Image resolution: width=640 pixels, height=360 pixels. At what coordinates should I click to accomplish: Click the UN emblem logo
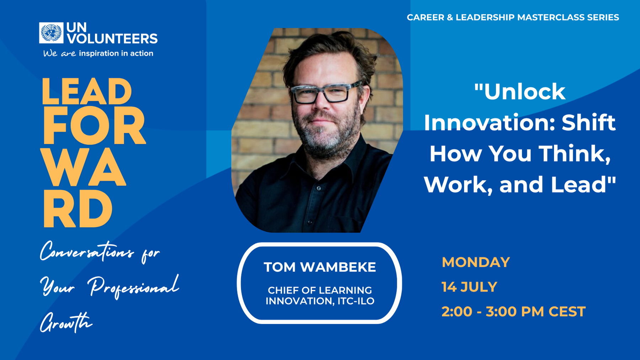click(x=51, y=33)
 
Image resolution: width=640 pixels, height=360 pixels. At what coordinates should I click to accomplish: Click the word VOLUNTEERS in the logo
click(x=112, y=38)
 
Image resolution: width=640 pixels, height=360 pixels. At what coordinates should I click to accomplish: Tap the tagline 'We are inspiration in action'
click(x=98, y=53)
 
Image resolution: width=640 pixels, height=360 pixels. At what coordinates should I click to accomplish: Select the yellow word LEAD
click(x=86, y=91)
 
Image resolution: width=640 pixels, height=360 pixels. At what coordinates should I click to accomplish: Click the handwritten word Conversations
click(x=87, y=252)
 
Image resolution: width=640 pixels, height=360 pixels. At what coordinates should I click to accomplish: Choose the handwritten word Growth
click(x=66, y=322)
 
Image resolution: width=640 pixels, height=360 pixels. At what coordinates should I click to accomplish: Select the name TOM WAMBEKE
click(x=320, y=267)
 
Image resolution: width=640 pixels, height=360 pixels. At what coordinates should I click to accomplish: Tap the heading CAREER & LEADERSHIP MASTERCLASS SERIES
click(x=513, y=17)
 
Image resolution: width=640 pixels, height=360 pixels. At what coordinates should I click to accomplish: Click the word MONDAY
click(x=476, y=262)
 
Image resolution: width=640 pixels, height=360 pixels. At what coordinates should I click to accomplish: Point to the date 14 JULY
click(x=469, y=287)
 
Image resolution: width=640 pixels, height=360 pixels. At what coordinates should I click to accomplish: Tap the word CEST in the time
click(x=567, y=312)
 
